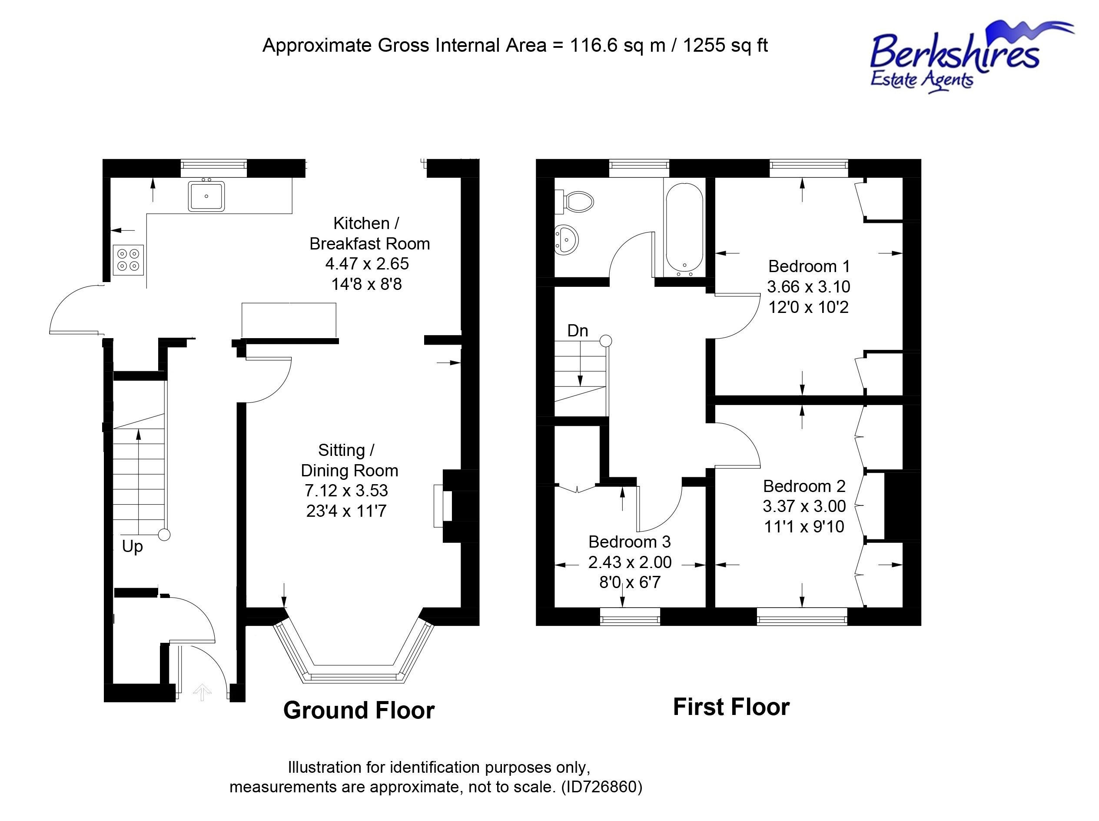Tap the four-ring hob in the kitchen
click(x=128, y=260)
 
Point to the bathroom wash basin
click(x=566, y=240)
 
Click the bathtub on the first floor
click(x=684, y=229)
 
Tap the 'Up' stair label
click(x=132, y=547)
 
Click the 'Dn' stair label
click(x=578, y=330)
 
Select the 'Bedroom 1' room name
click(x=809, y=266)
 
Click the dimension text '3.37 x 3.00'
click(x=804, y=506)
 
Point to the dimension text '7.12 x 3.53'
click(x=346, y=491)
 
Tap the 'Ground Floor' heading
click(x=359, y=710)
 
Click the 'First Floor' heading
click(x=731, y=707)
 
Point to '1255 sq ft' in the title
click(x=725, y=46)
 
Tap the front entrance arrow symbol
click(x=202, y=692)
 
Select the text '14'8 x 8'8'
click(x=367, y=285)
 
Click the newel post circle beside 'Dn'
click(x=606, y=341)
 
